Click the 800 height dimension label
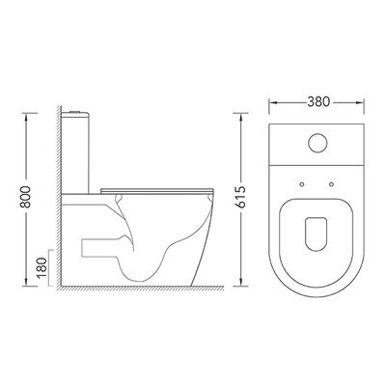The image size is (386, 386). [26, 197]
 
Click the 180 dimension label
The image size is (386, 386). [41, 267]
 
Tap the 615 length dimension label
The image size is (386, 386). [240, 197]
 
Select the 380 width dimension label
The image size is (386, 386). [318, 102]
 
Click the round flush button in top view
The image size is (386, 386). [317, 143]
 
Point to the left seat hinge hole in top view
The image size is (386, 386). [302, 184]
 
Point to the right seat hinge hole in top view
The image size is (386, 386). [331, 184]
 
